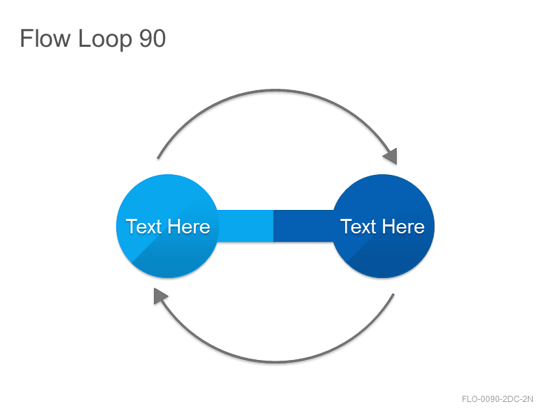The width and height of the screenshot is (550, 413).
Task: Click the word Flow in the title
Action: pyautogui.click(x=45, y=38)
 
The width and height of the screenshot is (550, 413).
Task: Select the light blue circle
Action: pyautogui.click(x=168, y=226)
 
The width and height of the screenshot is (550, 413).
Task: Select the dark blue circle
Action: pyautogui.click(x=383, y=226)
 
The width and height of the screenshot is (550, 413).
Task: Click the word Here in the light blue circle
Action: pyautogui.click(x=188, y=226)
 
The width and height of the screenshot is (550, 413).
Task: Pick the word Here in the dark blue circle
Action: pyautogui.click(x=403, y=226)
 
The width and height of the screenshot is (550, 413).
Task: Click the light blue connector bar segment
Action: pyautogui.click(x=245, y=226)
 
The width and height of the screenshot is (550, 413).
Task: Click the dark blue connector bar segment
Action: pyautogui.click(x=304, y=226)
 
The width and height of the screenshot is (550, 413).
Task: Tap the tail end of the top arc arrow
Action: pyautogui.click(x=158, y=158)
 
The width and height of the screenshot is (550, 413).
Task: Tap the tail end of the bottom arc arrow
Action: pyautogui.click(x=393, y=295)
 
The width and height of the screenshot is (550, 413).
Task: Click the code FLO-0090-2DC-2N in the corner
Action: pyautogui.click(x=497, y=399)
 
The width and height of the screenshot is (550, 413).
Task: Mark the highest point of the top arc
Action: pyautogui.click(x=276, y=91)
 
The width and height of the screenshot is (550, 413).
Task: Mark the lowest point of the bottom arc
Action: pyautogui.click(x=276, y=361)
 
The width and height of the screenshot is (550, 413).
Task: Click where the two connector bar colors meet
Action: pyautogui.click(x=274, y=226)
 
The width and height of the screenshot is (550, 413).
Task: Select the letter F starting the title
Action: pyautogui.click(x=26, y=38)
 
